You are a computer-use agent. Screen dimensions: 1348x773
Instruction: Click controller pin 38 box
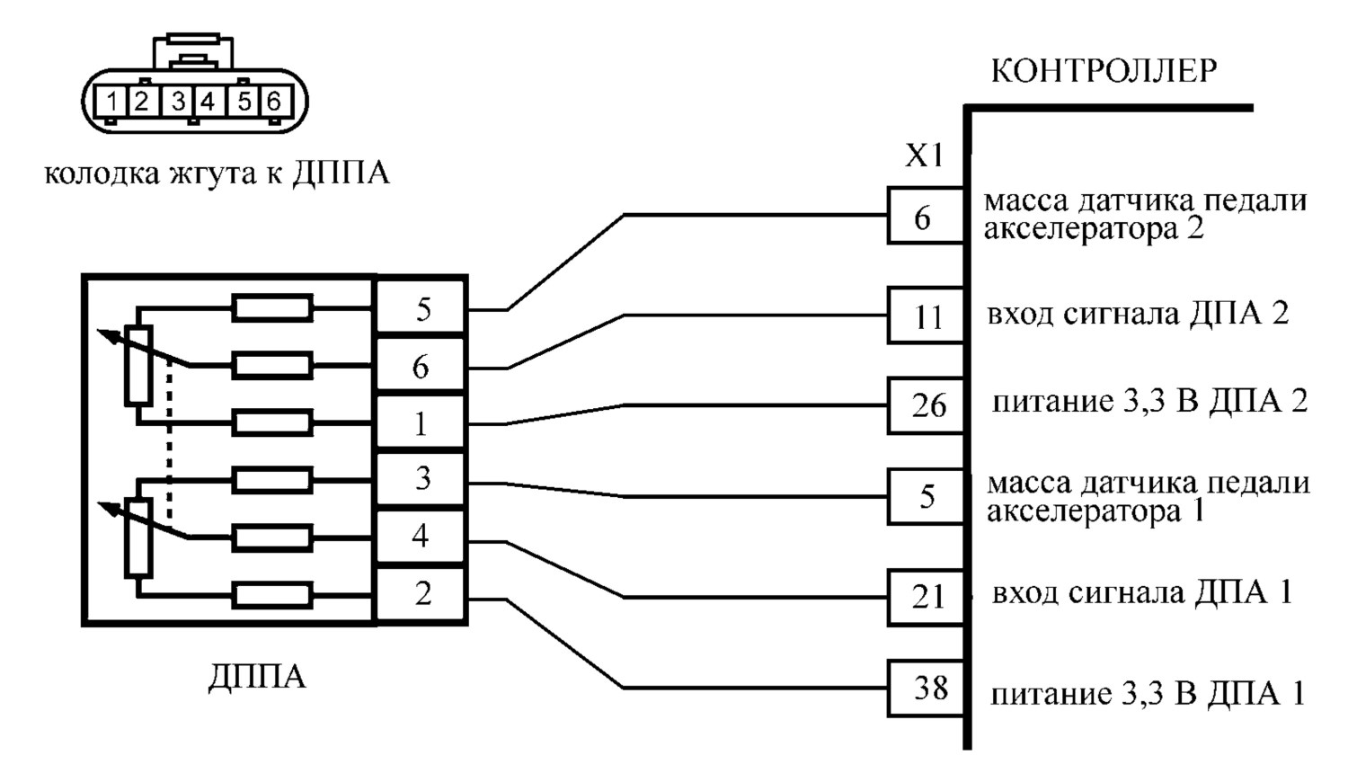pos(927,689)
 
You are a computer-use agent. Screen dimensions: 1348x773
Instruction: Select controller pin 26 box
pos(927,405)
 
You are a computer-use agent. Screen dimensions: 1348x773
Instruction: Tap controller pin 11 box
pos(927,315)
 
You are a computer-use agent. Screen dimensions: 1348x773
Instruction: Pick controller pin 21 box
pos(927,598)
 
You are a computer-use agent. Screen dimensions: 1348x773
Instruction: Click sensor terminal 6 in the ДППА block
pos(421,366)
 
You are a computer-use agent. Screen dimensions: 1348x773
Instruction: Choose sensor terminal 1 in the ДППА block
pos(421,423)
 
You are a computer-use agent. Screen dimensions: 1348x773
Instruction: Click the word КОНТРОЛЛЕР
pos(1104,71)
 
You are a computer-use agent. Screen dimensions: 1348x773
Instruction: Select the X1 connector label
pos(925,156)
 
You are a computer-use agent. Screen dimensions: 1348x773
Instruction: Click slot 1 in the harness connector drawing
pos(111,102)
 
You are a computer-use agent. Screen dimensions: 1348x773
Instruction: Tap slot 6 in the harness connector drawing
pos(274,102)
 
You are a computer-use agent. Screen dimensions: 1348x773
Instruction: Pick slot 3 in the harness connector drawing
pos(178,102)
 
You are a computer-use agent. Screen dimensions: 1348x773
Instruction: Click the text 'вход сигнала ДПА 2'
pos(1138,315)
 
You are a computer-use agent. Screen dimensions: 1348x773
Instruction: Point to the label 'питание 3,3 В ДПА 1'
pos(1148,694)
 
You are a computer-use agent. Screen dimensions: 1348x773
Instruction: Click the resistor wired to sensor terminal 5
pos(272,308)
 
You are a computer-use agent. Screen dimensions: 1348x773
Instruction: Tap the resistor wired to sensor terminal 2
pos(272,596)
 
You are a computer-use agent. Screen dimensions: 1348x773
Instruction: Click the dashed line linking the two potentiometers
pos(170,444)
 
